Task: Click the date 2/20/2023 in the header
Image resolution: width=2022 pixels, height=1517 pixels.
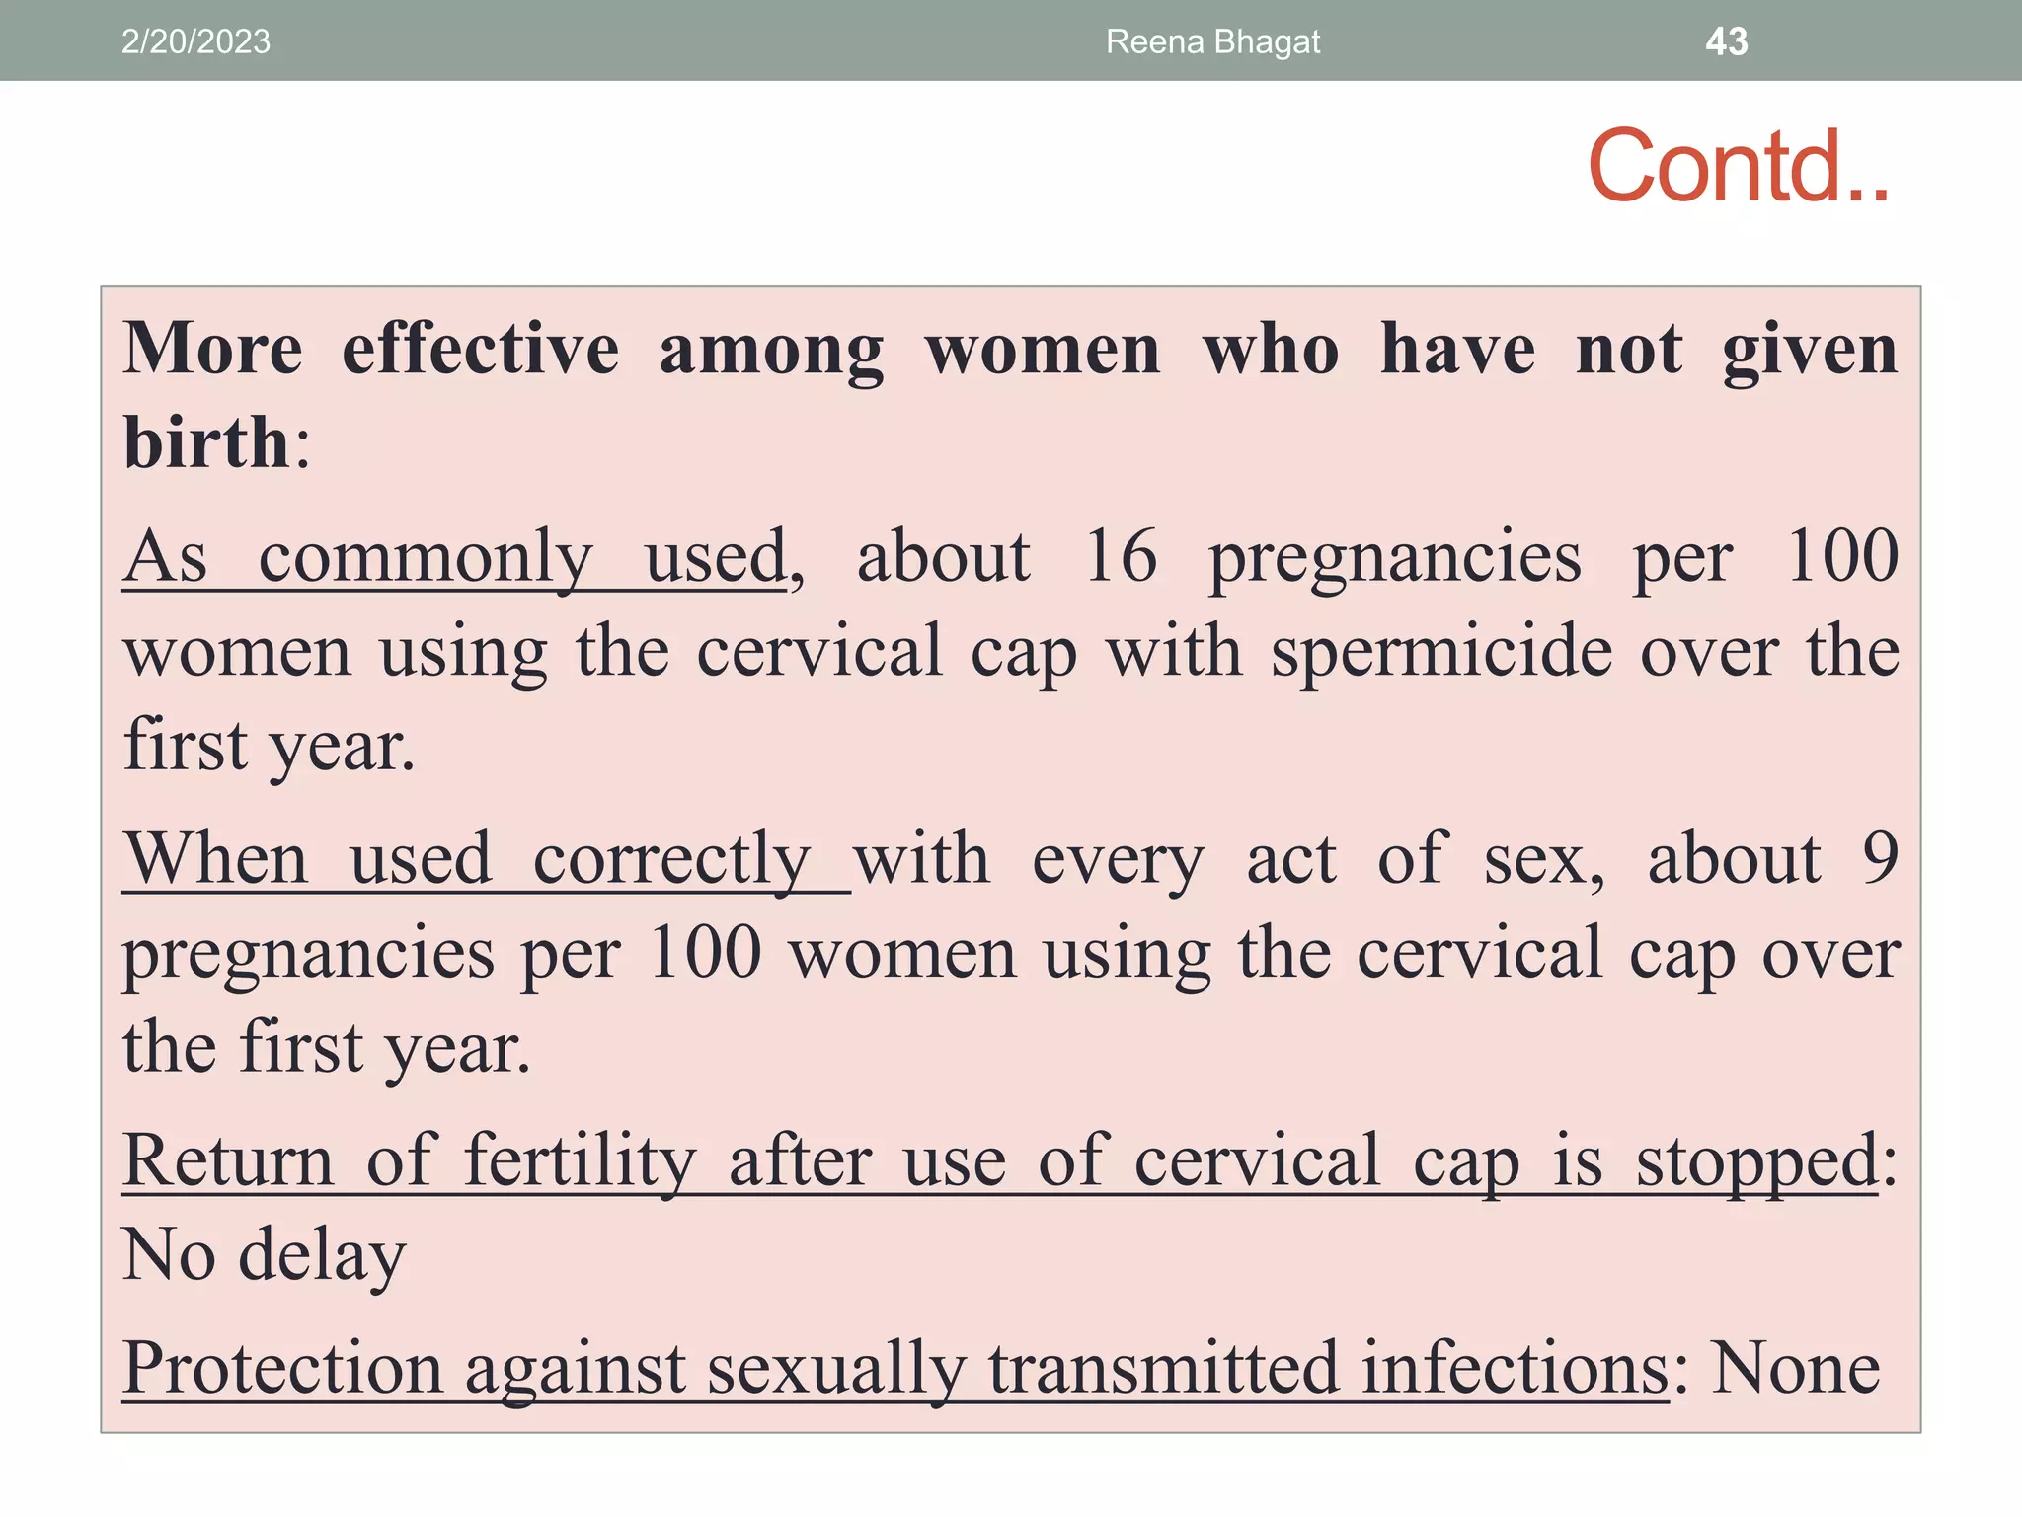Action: click(195, 41)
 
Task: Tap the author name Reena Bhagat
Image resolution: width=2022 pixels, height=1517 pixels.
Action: click(1212, 41)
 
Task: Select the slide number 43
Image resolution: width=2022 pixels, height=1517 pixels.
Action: click(1726, 41)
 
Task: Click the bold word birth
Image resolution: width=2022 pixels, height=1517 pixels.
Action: click(206, 442)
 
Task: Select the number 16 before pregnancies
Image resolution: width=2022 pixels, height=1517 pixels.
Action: click(1121, 556)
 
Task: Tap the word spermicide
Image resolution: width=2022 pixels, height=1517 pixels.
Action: click(1441, 652)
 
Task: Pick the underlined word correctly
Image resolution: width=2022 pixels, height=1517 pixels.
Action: click(672, 859)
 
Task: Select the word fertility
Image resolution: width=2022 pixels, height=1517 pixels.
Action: click(581, 1160)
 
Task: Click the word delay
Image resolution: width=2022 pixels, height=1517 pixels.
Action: click(323, 1255)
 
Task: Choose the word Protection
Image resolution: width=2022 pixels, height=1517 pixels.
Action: click(282, 1369)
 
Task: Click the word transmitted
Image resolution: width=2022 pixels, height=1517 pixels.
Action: click(1164, 1369)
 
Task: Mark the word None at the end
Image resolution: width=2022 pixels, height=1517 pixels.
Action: click(1795, 1369)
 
